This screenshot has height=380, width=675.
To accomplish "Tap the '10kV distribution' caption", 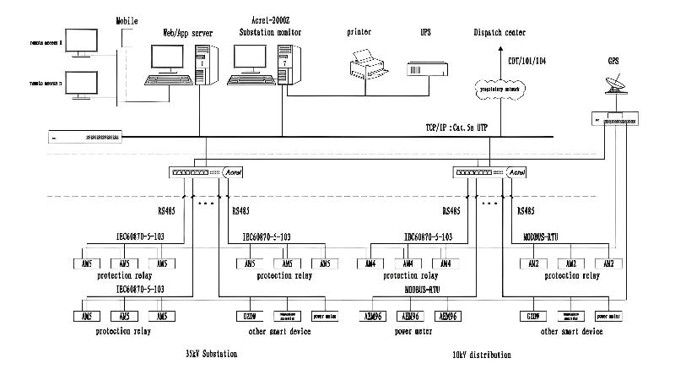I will (481, 355).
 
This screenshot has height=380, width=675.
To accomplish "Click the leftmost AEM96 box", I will (372, 316).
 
